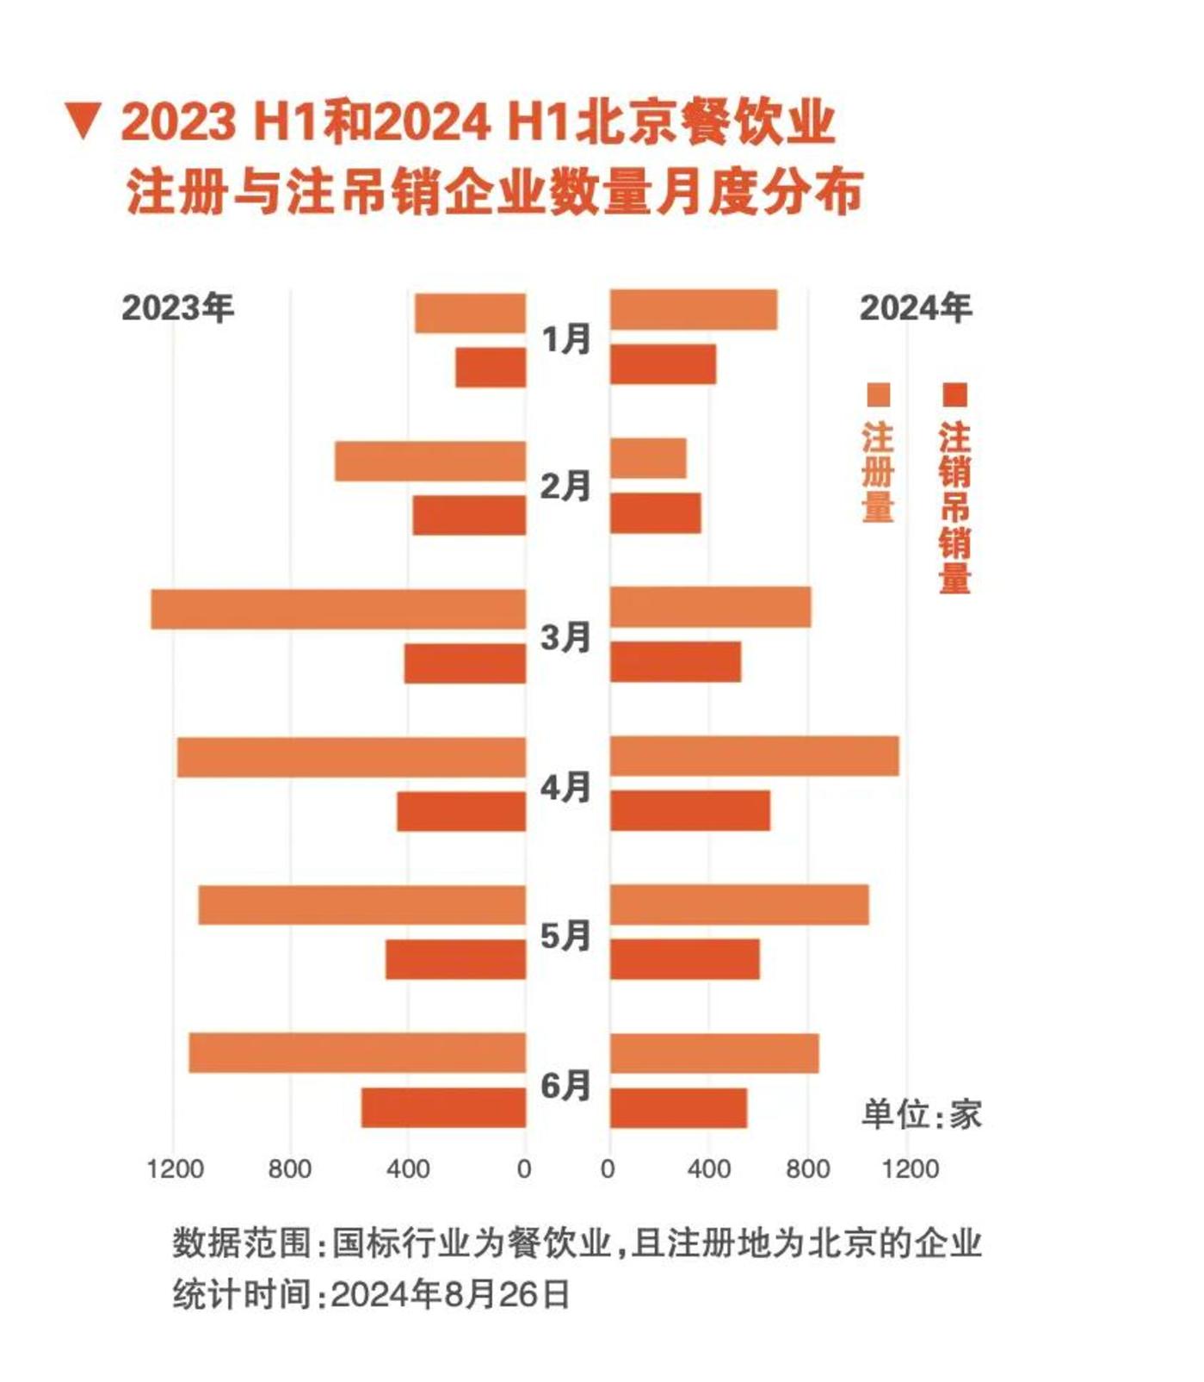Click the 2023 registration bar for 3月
point(338,609)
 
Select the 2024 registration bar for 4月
point(755,756)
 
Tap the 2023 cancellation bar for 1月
point(491,368)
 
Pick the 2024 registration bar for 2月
point(648,458)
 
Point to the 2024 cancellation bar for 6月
point(678,1108)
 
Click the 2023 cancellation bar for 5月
point(455,959)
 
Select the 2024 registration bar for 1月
point(694,310)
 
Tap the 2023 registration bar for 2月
point(430,462)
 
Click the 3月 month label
point(565,638)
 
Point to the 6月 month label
point(565,1086)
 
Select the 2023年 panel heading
point(177,308)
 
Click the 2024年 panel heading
point(915,308)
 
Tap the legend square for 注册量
point(878,395)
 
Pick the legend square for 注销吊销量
point(954,395)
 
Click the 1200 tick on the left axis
point(175,1168)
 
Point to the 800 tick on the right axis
point(807,1168)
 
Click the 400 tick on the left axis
point(407,1168)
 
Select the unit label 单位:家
point(921,1114)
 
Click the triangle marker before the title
point(84,121)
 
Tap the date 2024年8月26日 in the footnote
point(450,1294)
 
